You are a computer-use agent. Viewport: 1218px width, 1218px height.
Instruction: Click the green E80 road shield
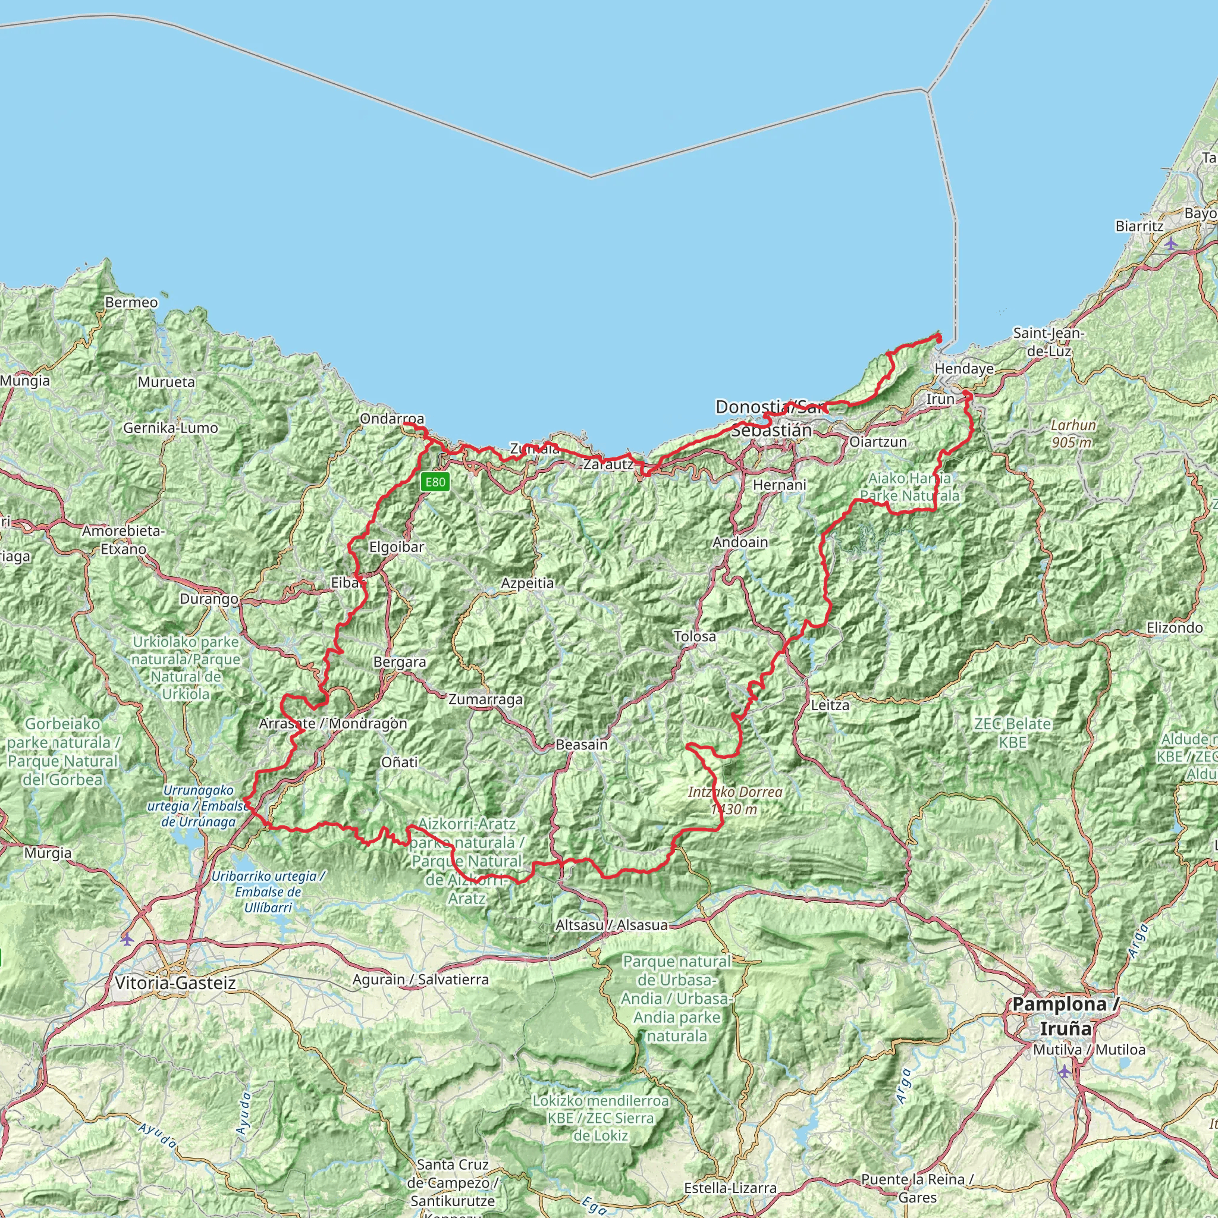coord(435,482)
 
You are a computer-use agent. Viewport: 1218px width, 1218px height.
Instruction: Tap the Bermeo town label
coord(131,303)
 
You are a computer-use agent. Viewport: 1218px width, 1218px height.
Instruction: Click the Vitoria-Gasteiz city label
coord(175,983)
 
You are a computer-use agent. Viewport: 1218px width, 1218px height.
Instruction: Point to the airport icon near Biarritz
coord(1170,243)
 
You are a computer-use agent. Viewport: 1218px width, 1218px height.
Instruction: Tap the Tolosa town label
coord(695,637)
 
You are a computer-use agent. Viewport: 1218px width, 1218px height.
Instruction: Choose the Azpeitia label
coord(527,584)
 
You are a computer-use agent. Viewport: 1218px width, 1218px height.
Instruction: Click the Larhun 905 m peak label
coord(1073,434)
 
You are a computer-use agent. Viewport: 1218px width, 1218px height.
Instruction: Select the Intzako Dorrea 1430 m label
coord(735,801)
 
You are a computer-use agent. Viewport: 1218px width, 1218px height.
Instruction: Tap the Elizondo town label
coord(1175,628)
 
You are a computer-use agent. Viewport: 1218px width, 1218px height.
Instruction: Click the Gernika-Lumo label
coord(170,428)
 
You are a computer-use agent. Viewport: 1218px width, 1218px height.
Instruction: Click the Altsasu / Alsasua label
coord(611,925)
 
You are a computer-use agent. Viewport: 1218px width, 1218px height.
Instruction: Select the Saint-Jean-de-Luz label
coord(1048,342)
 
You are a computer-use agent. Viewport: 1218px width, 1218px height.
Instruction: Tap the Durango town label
coord(209,599)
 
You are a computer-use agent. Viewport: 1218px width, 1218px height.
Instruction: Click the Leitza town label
coord(830,705)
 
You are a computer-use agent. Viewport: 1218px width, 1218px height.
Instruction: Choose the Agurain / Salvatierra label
coord(420,980)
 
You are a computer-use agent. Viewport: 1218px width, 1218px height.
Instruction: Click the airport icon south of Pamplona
coord(1065,1071)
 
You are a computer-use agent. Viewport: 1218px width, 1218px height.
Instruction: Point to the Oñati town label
coord(399,762)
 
